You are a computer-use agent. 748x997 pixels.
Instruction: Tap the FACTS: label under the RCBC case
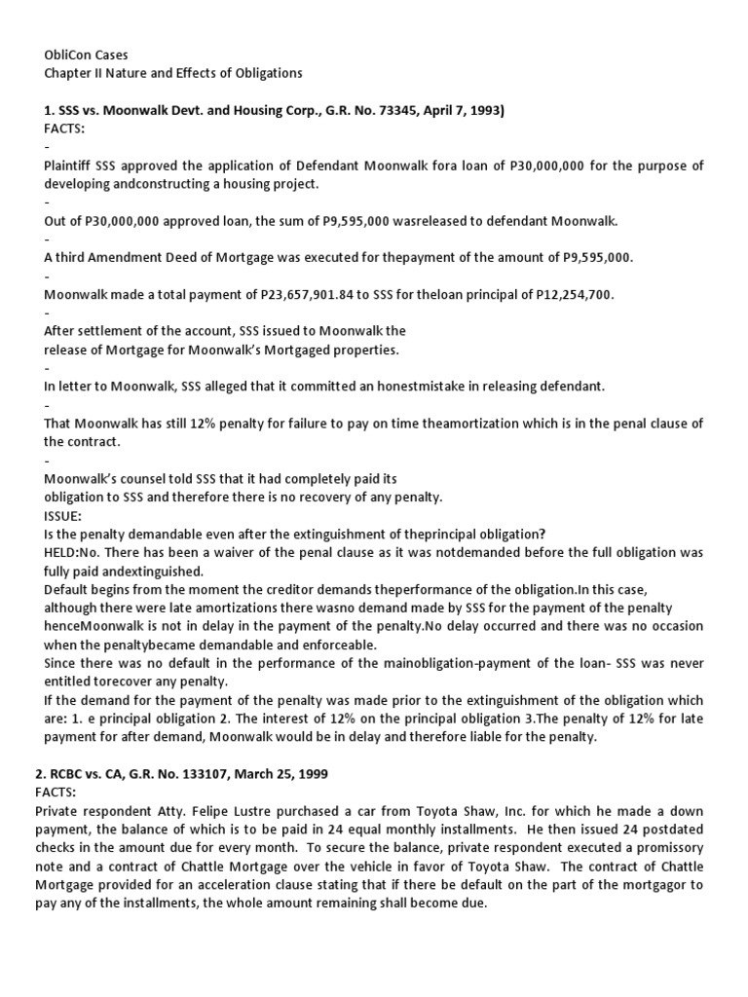tap(64, 793)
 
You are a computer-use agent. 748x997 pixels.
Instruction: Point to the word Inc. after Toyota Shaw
tap(460, 810)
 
